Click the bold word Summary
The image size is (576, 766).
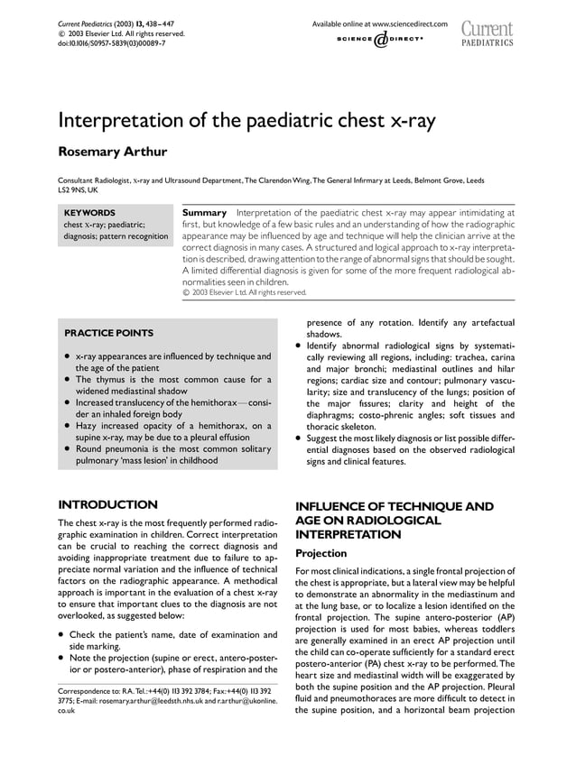pyautogui.click(x=204, y=213)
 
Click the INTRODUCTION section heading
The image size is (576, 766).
pyautogui.click(x=107, y=503)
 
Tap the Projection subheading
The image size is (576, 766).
pyautogui.click(x=321, y=554)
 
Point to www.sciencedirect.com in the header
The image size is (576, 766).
pyautogui.click(x=404, y=23)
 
